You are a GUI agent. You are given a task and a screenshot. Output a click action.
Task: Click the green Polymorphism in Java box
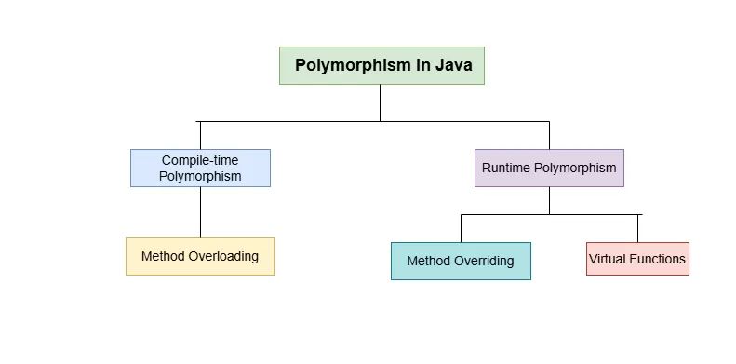tap(381, 65)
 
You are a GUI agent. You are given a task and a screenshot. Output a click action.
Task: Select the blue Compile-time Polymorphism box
tap(200, 168)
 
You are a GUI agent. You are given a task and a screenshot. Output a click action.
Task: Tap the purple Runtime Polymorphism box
tap(549, 168)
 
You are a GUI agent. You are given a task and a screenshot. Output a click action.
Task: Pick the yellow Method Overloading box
tap(200, 256)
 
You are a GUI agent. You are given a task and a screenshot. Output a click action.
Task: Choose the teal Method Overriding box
tap(461, 261)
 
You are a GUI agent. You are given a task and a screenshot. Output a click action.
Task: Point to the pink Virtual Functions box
tap(637, 258)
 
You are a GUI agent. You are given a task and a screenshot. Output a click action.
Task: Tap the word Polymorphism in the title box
tap(355, 65)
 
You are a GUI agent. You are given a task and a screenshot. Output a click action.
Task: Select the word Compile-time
tap(200, 160)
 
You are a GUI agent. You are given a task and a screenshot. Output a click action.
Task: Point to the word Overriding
tap(483, 261)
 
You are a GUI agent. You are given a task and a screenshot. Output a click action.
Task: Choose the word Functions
tap(658, 258)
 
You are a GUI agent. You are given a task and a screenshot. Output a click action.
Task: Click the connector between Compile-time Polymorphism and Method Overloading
tap(201, 212)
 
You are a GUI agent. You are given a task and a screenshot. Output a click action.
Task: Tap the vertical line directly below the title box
tap(380, 102)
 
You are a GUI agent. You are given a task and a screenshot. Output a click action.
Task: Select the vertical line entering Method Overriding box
tap(462, 228)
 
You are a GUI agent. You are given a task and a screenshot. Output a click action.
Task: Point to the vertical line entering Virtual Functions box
tap(638, 228)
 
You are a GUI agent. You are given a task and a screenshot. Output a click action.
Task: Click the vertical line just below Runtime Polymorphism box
tap(549, 200)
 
